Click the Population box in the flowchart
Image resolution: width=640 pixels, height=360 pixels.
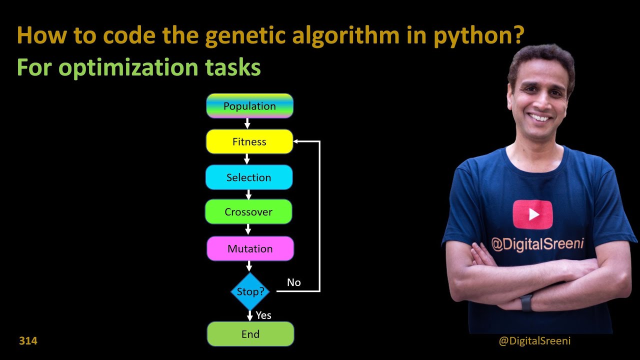click(249, 106)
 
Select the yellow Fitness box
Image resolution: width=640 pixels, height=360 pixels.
click(249, 141)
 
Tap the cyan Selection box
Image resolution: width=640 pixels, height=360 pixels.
click(248, 177)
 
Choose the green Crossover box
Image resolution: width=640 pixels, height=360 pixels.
click(248, 212)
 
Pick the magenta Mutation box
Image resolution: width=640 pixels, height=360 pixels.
click(250, 248)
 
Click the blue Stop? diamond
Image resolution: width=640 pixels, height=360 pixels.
click(250, 291)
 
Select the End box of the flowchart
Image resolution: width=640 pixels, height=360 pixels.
click(250, 334)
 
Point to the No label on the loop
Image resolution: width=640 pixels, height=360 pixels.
click(294, 282)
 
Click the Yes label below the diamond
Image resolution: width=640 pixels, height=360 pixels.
click(263, 315)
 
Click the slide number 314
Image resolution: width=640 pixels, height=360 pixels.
click(28, 341)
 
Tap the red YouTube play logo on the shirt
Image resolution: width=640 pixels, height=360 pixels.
click(532, 214)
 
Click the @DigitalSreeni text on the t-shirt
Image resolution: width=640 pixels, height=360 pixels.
click(537, 244)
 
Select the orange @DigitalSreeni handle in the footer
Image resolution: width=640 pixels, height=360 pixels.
click(534, 341)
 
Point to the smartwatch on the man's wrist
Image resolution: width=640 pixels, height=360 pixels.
click(526, 303)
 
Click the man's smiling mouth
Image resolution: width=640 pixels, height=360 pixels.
click(540, 118)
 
